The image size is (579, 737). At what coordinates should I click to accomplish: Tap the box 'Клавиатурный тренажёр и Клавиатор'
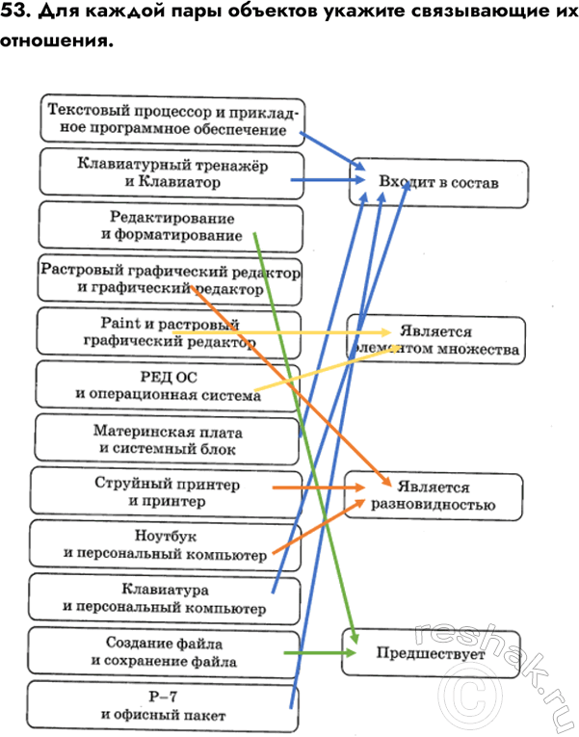point(171,173)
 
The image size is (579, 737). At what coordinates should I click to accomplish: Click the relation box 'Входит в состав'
point(438,182)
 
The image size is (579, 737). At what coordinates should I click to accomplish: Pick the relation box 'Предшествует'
point(432,654)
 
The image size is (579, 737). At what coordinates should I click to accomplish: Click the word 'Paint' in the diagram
point(118,324)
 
